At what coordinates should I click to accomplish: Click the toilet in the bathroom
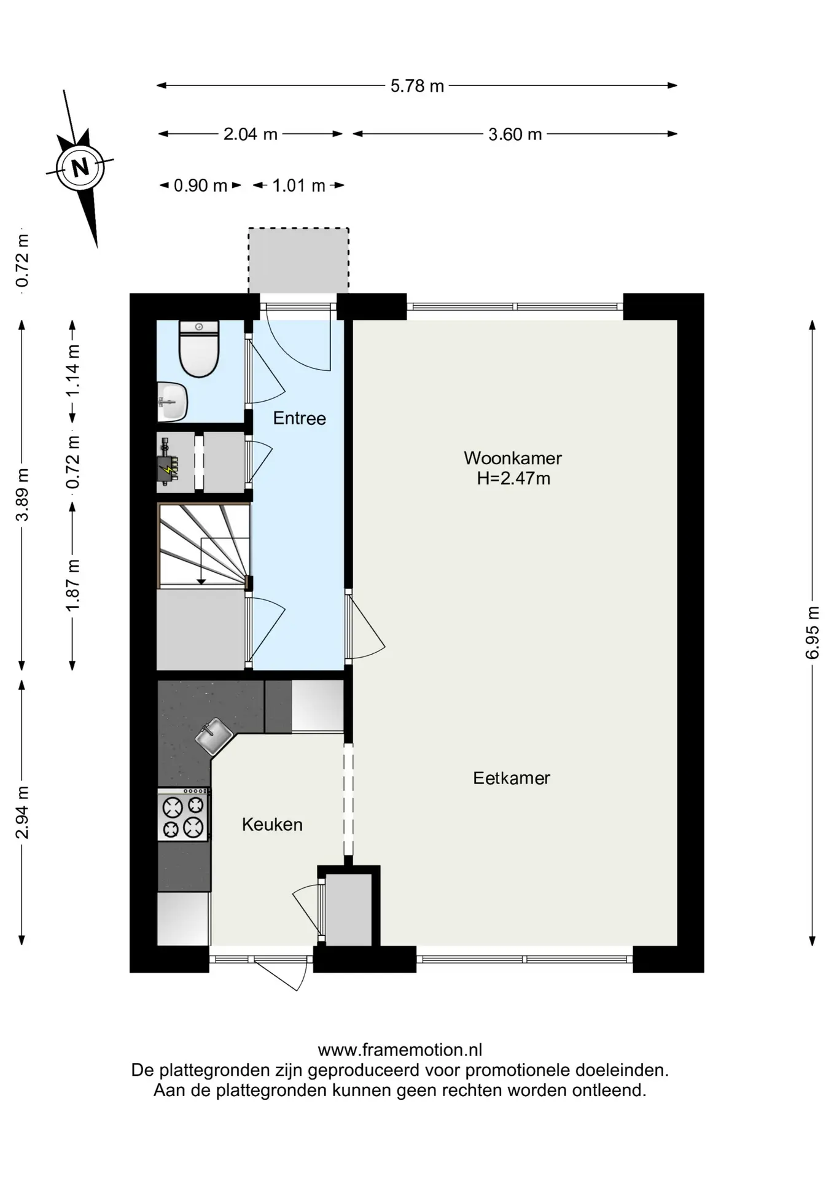tap(199, 349)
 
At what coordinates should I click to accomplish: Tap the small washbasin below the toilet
tap(172, 402)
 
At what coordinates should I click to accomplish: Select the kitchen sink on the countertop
tap(214, 736)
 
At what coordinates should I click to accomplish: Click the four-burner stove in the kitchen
tap(183, 815)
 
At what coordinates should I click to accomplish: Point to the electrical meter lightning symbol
tap(167, 470)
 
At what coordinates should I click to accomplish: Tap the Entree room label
tap(299, 418)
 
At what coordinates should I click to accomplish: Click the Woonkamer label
tap(513, 458)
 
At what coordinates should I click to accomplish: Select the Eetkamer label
tap(512, 778)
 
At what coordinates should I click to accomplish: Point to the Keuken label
tap(272, 824)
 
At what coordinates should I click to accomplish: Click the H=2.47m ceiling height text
tap(513, 478)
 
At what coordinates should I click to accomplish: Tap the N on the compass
tap(80, 167)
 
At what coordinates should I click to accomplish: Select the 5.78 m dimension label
tap(417, 86)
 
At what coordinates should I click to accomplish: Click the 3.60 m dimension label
tap(515, 134)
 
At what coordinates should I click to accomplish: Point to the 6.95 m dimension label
tap(813, 632)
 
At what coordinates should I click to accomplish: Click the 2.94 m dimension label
tap(22, 812)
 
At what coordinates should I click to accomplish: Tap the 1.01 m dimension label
tap(298, 185)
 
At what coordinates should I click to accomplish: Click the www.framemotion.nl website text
tap(400, 1050)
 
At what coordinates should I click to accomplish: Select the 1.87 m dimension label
tap(73, 585)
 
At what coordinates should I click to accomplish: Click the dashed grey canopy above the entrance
tap(298, 260)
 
